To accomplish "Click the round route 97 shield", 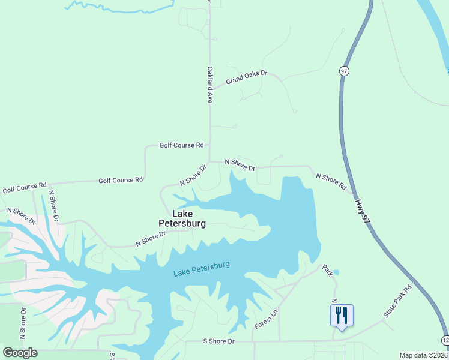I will pos(344,70).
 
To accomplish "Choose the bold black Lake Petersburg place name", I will pos(182,218).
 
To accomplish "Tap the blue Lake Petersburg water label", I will pos(201,269).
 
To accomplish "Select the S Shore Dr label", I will pos(218,341).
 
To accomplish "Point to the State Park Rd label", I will pos(398,301).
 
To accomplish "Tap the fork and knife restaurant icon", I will pos(342,314).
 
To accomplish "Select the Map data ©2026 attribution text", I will pos(423,355).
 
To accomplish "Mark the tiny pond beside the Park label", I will pos(335,272).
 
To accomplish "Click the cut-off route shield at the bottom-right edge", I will pos(446,340).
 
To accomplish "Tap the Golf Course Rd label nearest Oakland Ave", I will pos(182,145).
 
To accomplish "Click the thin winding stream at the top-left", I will pos(120,7).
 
